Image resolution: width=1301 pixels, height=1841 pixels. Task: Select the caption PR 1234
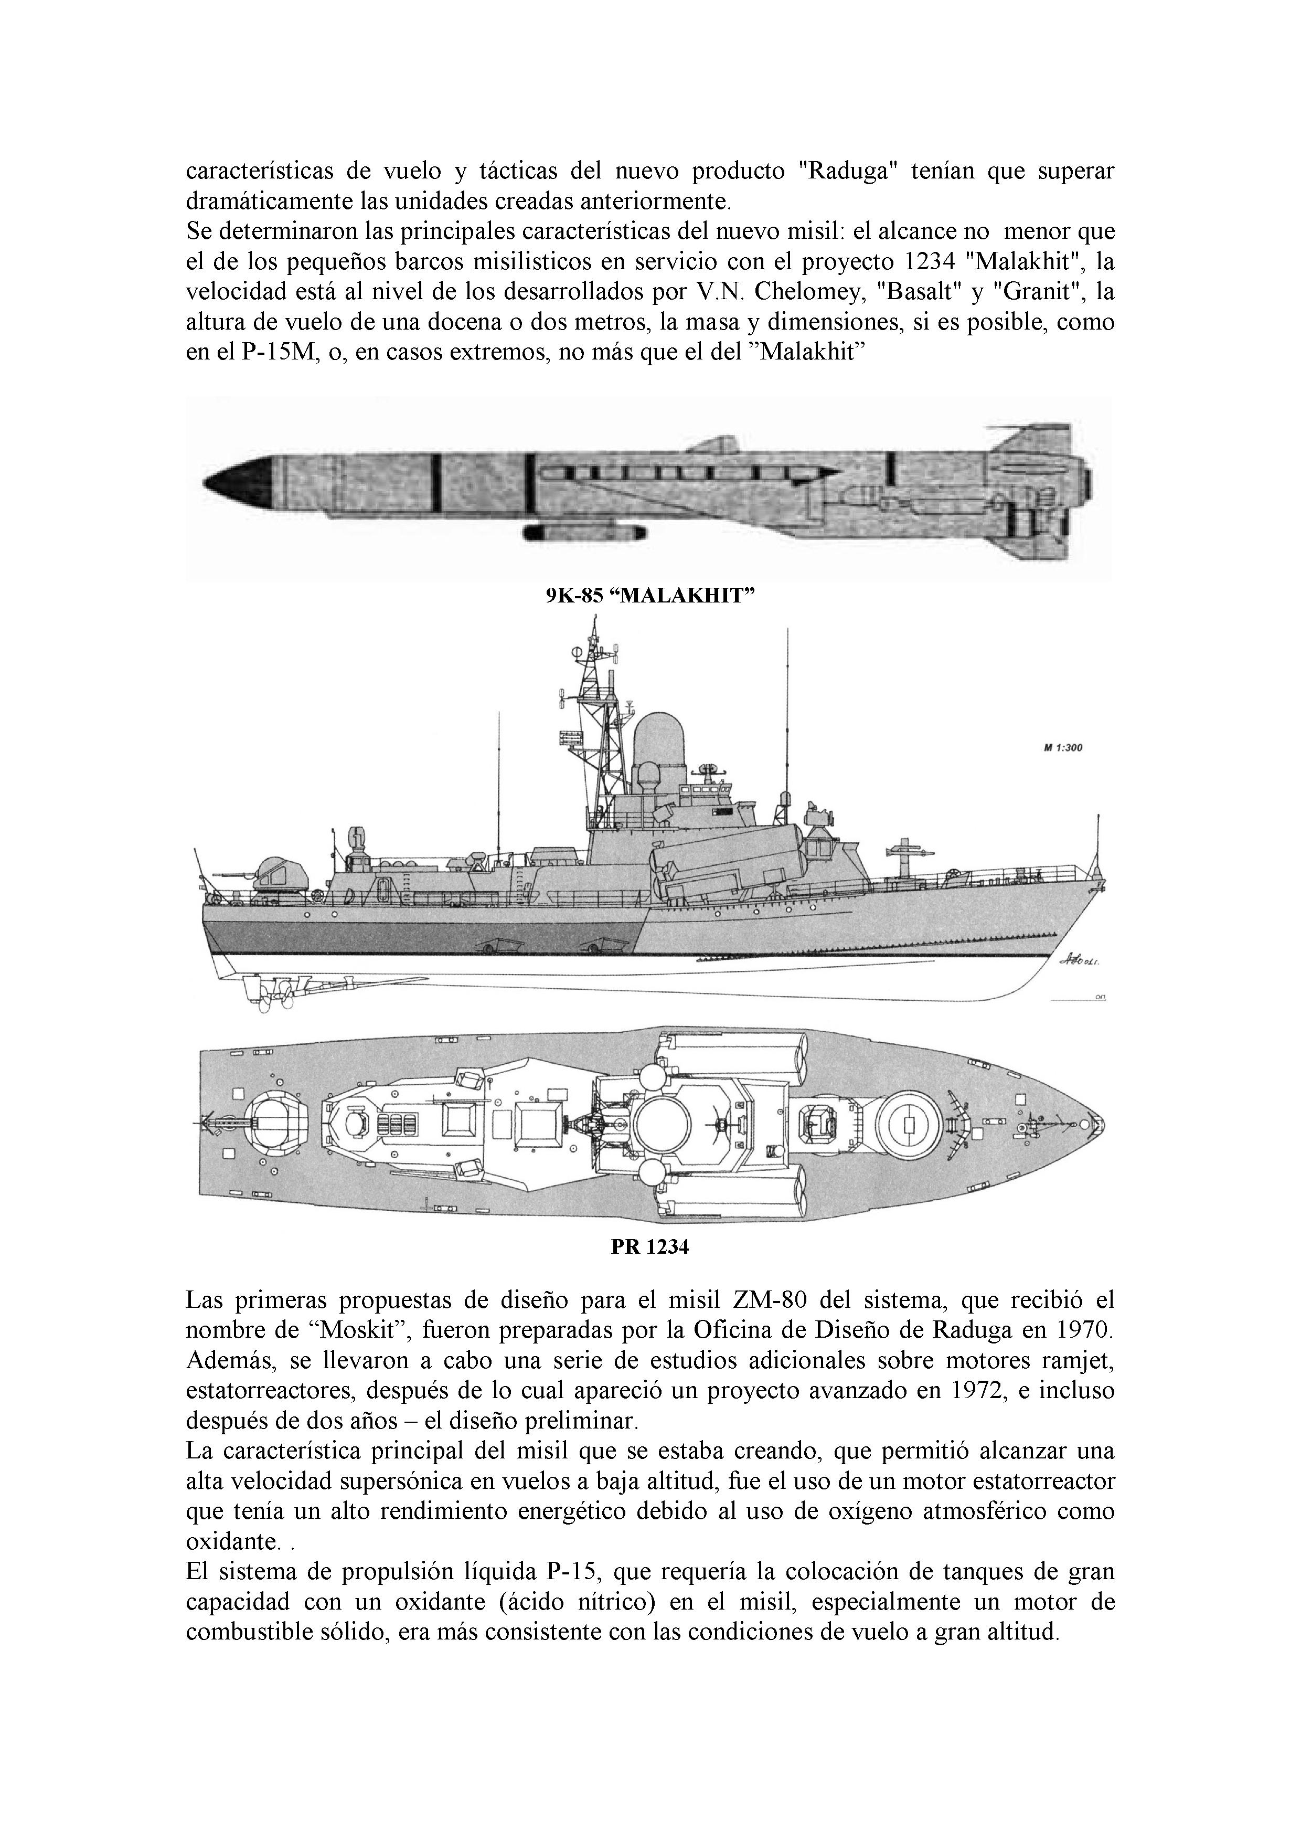pos(649,1247)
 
